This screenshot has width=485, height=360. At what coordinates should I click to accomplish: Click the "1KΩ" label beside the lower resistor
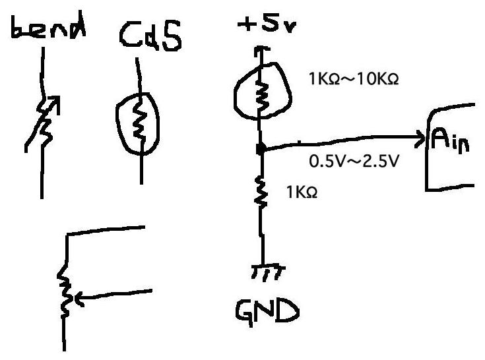coord(302,193)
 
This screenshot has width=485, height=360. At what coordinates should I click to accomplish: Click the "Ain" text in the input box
coord(451,140)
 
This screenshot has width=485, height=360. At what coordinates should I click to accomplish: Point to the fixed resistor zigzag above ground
coord(262,191)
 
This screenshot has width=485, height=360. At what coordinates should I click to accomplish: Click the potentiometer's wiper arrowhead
coord(74,300)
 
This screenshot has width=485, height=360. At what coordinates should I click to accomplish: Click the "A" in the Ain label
coord(440,139)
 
